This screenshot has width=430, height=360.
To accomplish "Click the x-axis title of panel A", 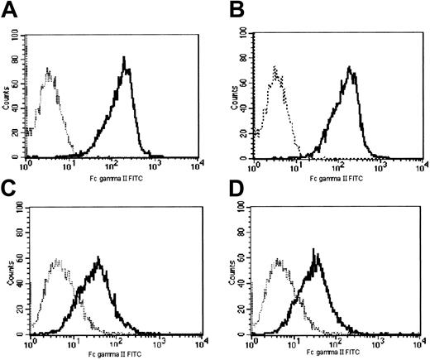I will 111,176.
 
